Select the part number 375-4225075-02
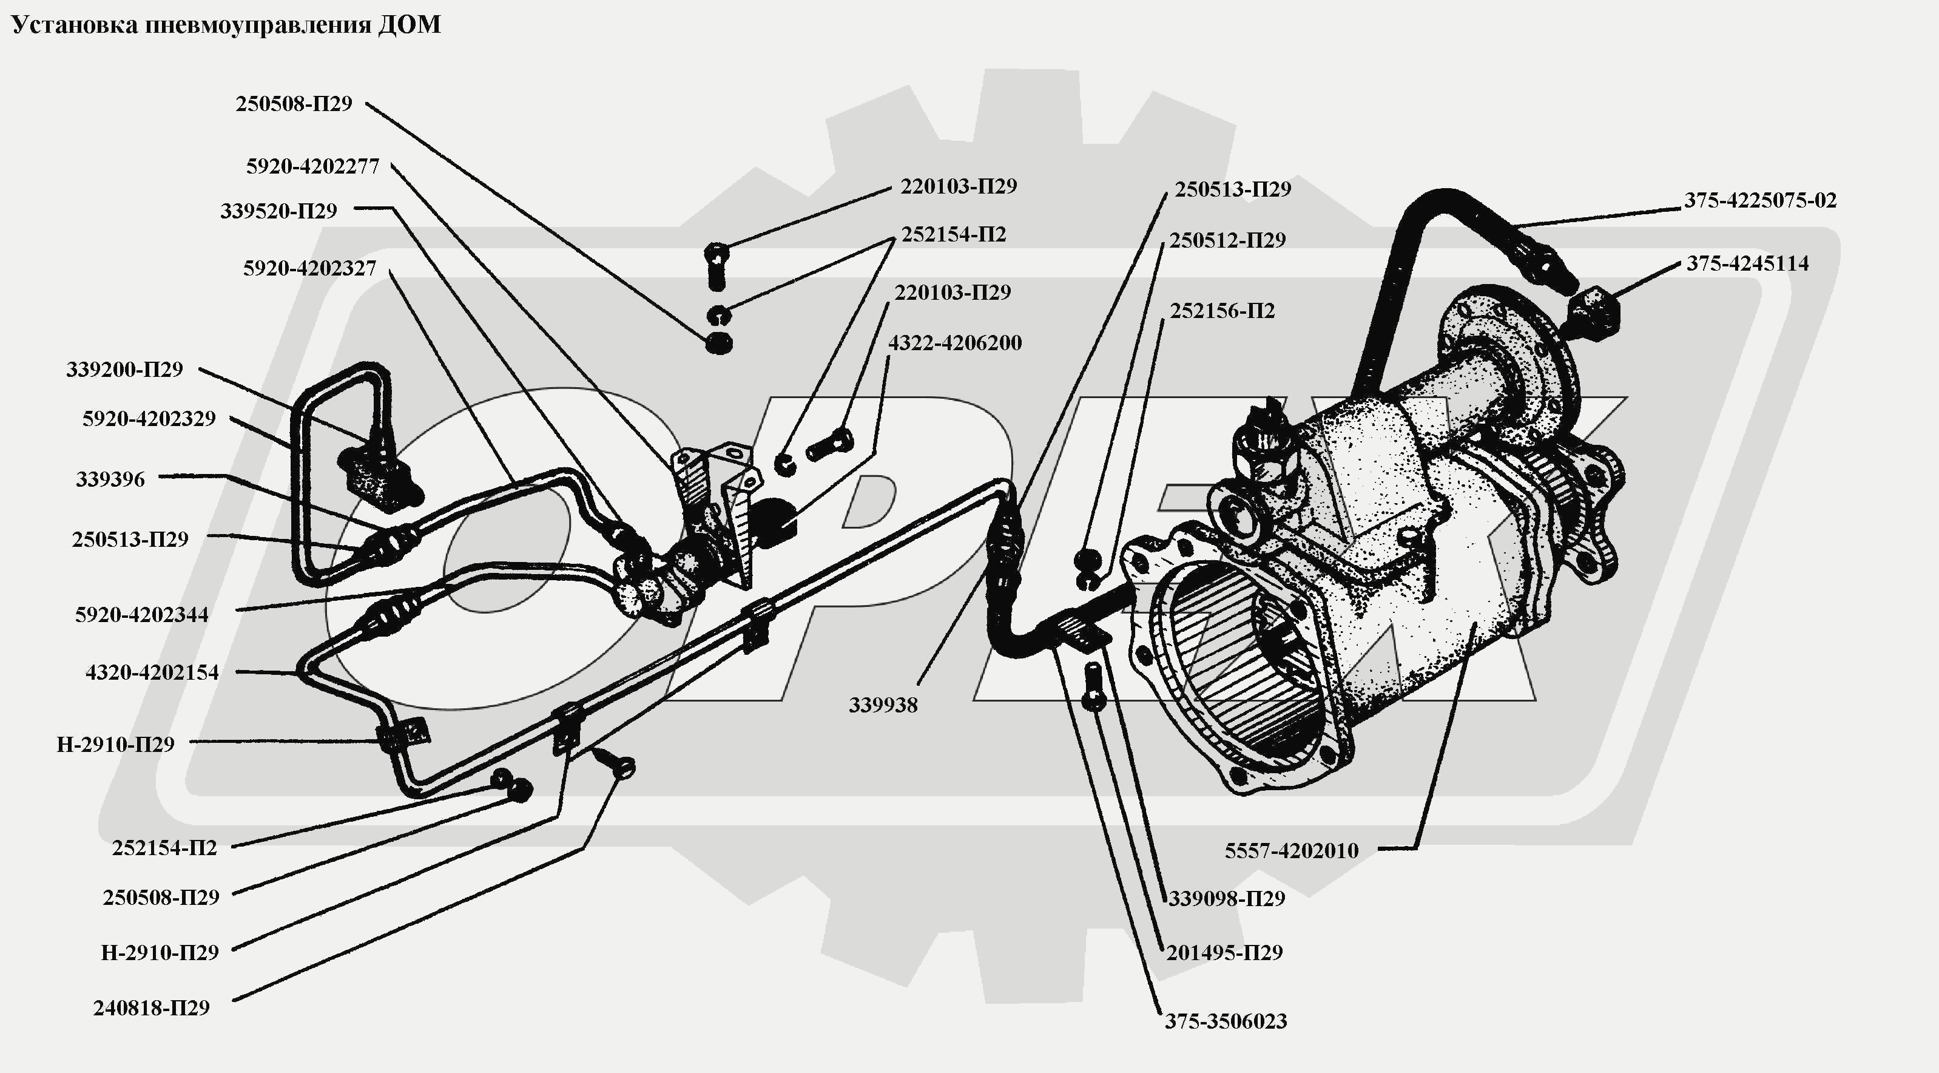point(1760,201)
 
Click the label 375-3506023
point(1226,1022)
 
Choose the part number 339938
point(883,706)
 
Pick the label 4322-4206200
point(954,344)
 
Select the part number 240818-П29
point(151,1008)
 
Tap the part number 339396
point(110,479)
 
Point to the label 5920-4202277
point(312,166)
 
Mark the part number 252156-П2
point(1222,311)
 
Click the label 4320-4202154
point(152,672)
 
